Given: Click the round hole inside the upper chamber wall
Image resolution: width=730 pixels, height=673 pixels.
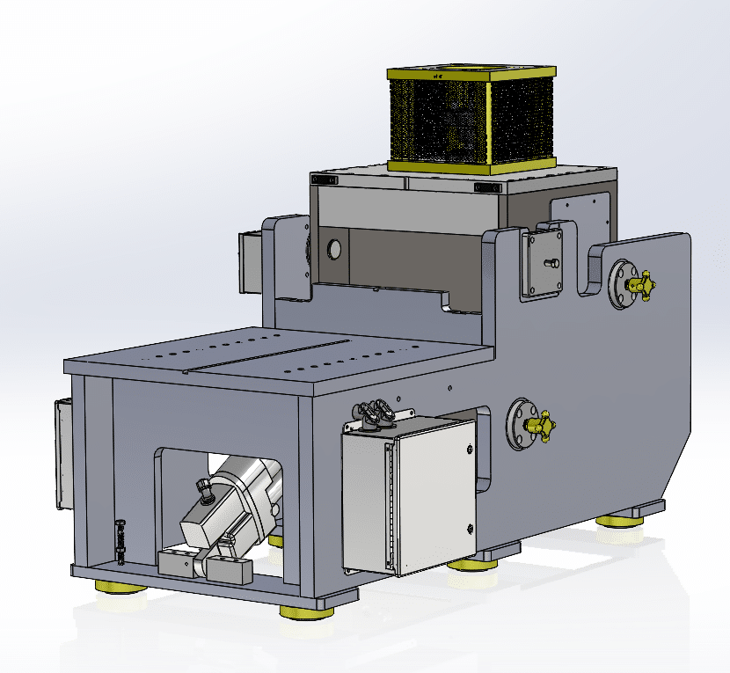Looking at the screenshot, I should [333, 250].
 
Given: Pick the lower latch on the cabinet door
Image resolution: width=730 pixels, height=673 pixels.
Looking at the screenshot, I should [471, 528].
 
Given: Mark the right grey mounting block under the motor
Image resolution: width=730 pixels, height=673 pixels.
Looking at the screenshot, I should [230, 569].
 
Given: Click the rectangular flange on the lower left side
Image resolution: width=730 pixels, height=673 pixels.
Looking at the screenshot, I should [61, 454].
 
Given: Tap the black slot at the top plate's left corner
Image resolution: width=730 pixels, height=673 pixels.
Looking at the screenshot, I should [324, 179].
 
